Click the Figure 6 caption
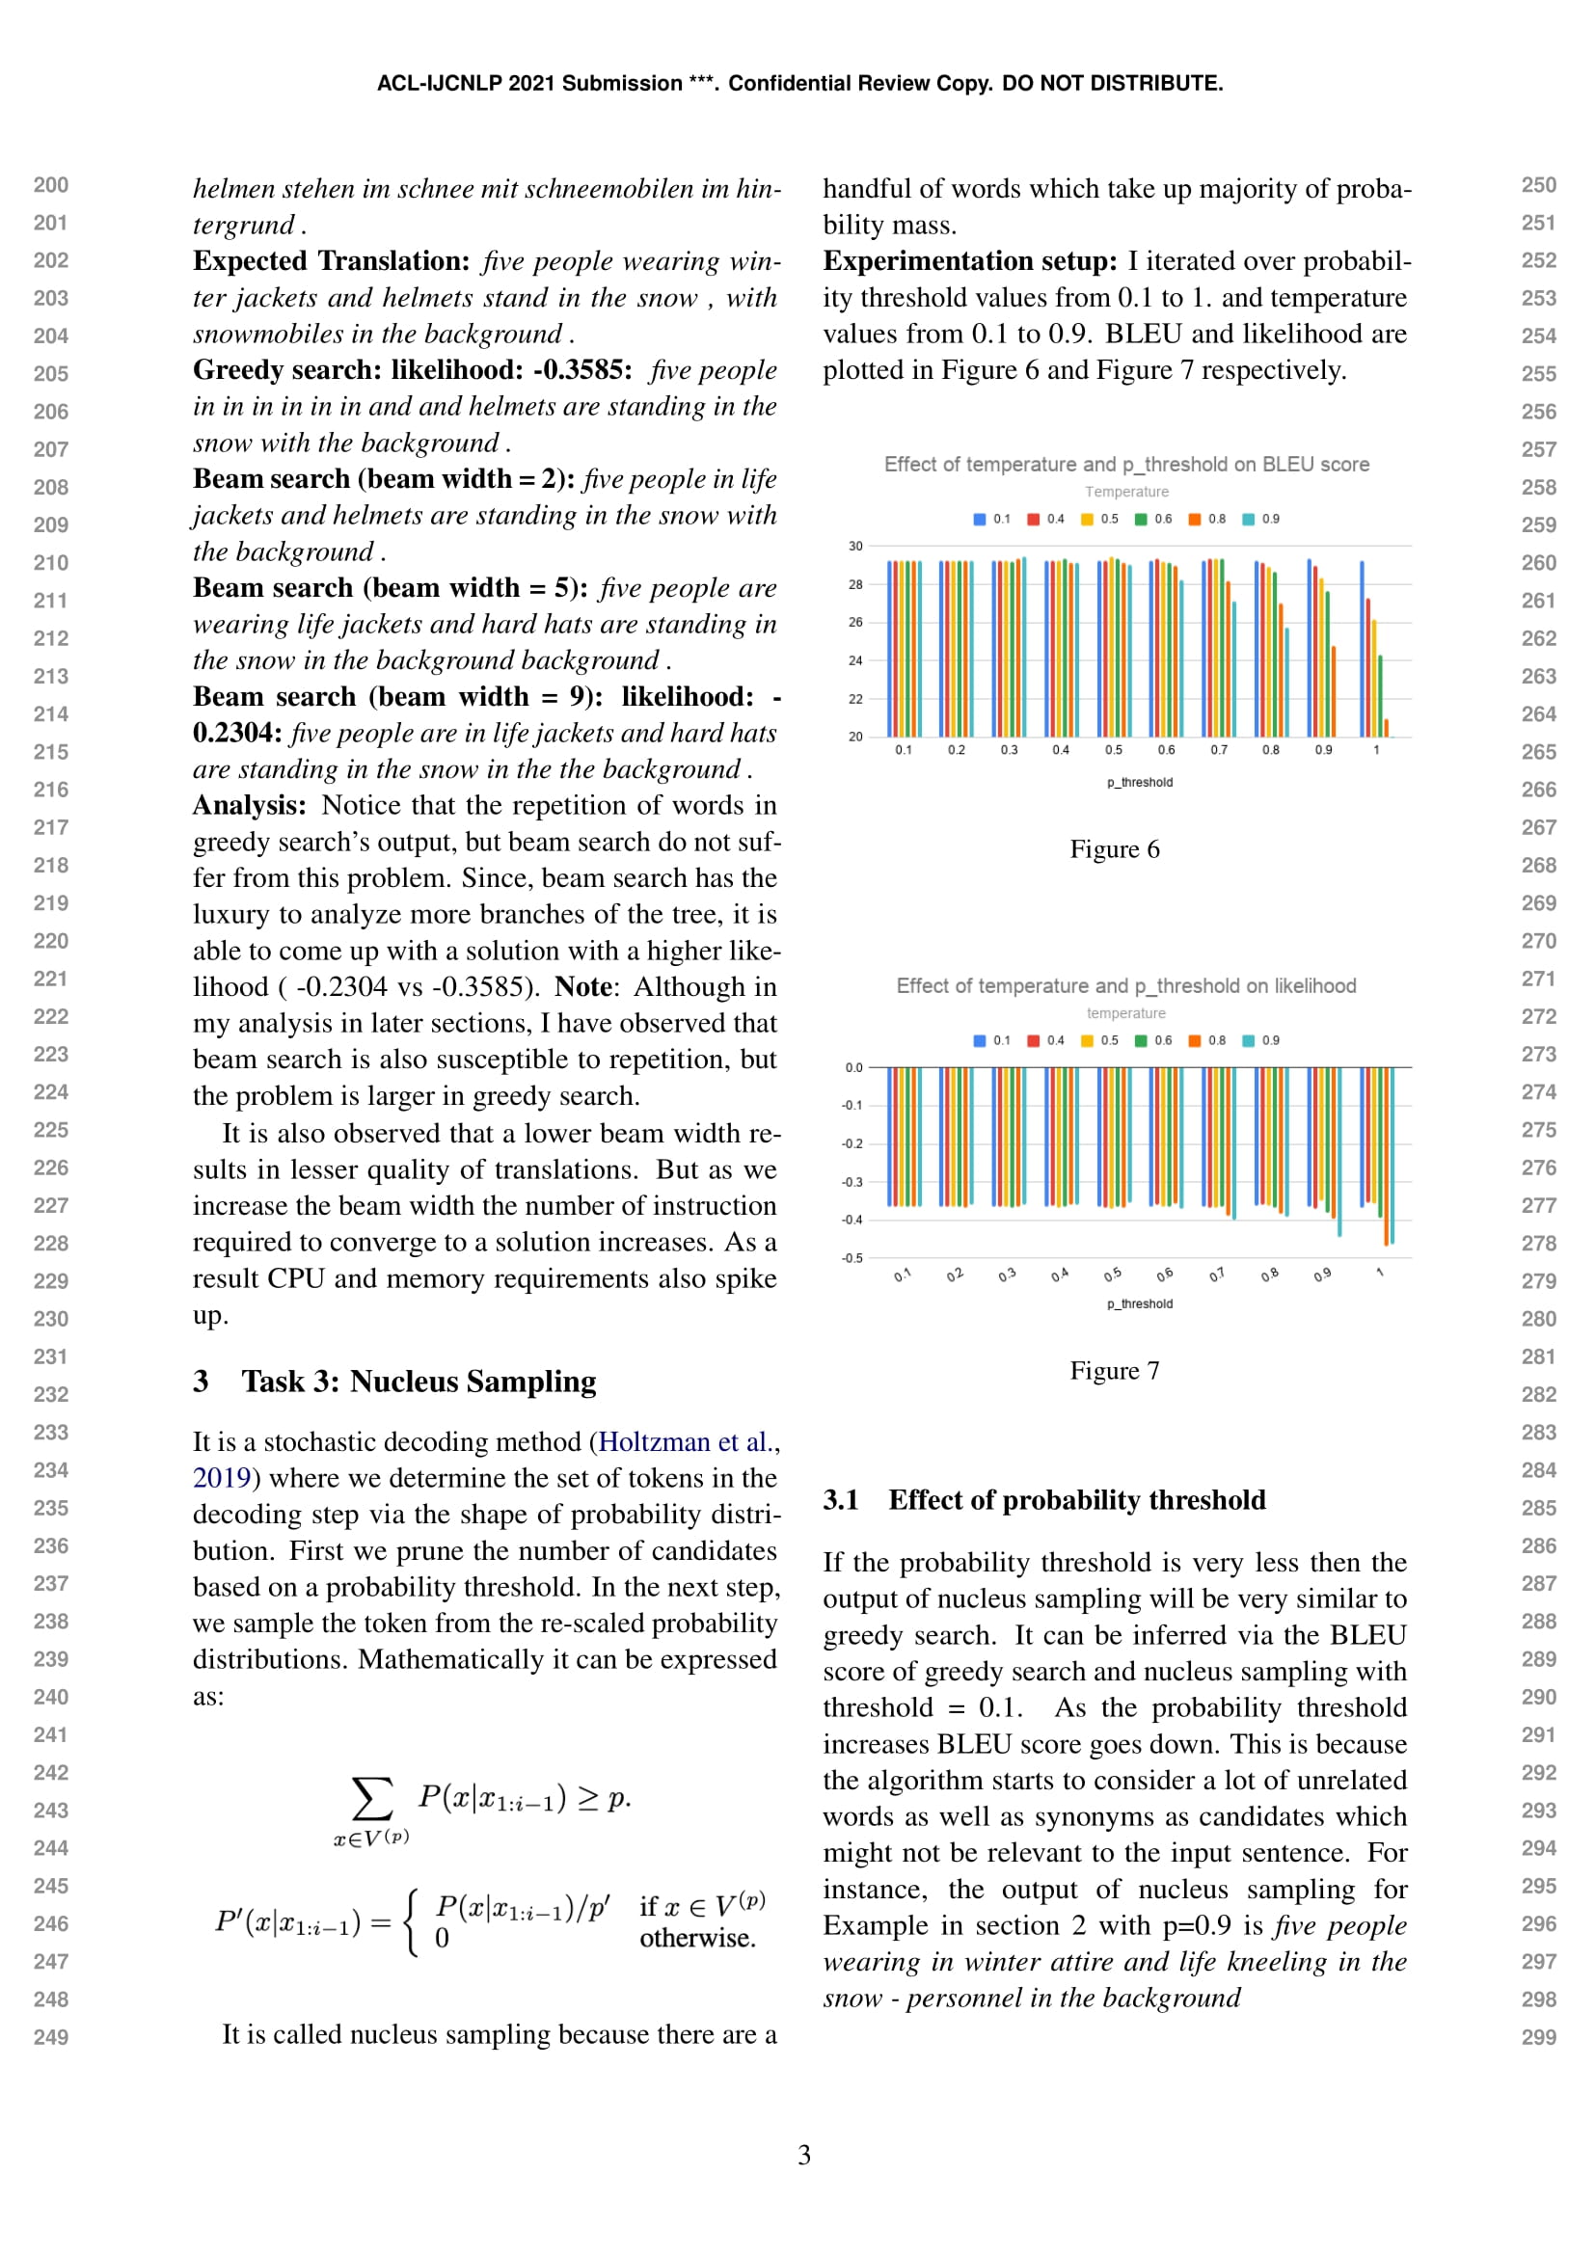tap(1114, 849)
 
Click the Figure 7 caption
tap(1114, 1371)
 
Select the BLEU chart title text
tap(1125, 465)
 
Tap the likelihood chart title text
tap(1125, 986)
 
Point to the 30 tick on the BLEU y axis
tap(855, 546)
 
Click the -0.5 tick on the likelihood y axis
tap(852, 1258)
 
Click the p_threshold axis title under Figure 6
tap(1139, 783)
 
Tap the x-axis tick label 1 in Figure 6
tap(1376, 750)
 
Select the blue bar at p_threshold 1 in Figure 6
tap(1362, 648)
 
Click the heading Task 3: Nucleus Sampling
tap(419, 1382)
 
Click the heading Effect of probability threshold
tap(1076, 1501)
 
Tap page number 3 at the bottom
tap(803, 2155)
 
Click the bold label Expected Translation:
tap(332, 261)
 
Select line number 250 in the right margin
tap(1538, 186)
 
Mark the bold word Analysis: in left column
tap(250, 805)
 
